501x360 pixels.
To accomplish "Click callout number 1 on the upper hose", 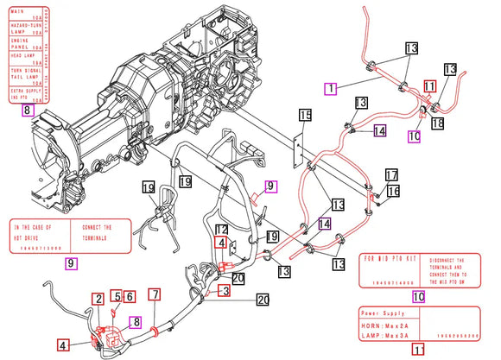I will [x=330, y=87].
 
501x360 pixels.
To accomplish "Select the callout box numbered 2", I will [x=99, y=297].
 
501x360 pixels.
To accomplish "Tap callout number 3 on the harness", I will [x=225, y=292].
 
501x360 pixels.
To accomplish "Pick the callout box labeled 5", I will [x=115, y=296].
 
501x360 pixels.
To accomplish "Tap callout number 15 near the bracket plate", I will [x=304, y=115].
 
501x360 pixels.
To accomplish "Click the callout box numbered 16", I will [x=394, y=191].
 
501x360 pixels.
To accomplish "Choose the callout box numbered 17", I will [x=391, y=174].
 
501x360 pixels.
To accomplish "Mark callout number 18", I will [x=438, y=123].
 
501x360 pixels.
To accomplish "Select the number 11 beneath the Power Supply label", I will [x=418, y=351].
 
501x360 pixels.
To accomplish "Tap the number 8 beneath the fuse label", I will [x=28, y=111].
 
